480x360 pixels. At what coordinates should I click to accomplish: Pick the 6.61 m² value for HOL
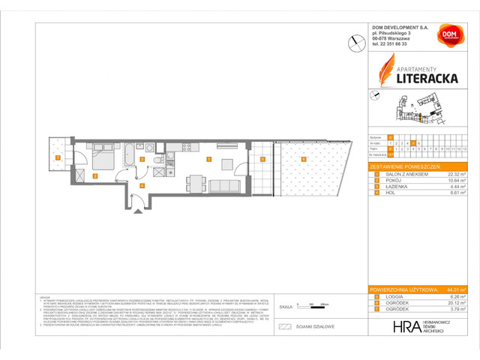(x=457, y=193)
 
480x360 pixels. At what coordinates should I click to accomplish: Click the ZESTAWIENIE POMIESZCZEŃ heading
(x=406, y=165)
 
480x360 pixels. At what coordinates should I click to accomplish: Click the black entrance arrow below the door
(x=136, y=212)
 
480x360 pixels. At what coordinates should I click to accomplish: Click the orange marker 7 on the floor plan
(x=58, y=157)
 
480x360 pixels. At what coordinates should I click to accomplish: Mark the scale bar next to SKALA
(x=307, y=307)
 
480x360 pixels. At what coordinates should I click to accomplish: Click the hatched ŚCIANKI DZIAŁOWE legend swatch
(x=284, y=327)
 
